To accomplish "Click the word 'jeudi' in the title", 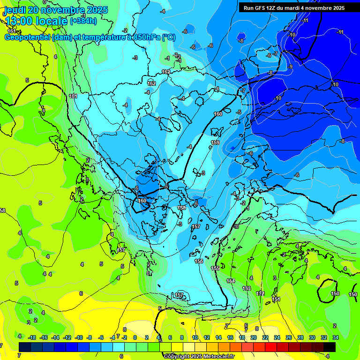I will (16, 10).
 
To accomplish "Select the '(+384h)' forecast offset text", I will (83, 21).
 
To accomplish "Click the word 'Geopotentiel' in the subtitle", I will (27, 37).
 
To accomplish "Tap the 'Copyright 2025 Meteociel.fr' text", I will (199, 356).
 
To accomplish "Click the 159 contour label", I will (215, 142).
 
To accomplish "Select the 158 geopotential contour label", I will (182, 208).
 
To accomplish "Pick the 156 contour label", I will (199, 261).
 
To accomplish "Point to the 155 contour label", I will (215, 268).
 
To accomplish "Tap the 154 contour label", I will (231, 281).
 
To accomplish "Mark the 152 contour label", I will (261, 293).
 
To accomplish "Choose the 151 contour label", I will (276, 299).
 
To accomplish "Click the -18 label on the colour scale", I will (32, 337).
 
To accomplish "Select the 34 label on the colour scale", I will (336, 337).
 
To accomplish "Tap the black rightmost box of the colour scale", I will (330, 347).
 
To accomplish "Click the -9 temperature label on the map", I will (291, 67).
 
